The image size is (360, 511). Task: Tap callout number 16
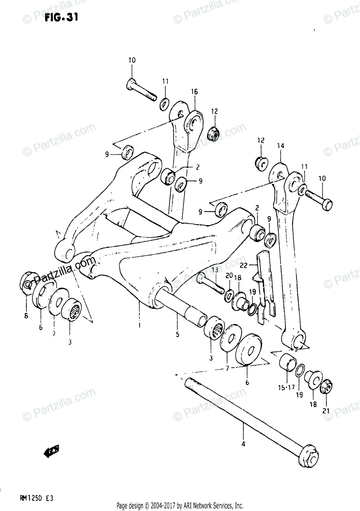194,92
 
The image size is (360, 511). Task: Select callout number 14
280,146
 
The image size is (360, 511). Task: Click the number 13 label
213,270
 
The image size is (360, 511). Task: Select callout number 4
243,445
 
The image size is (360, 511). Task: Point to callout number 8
26,315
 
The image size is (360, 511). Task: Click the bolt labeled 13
211,284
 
